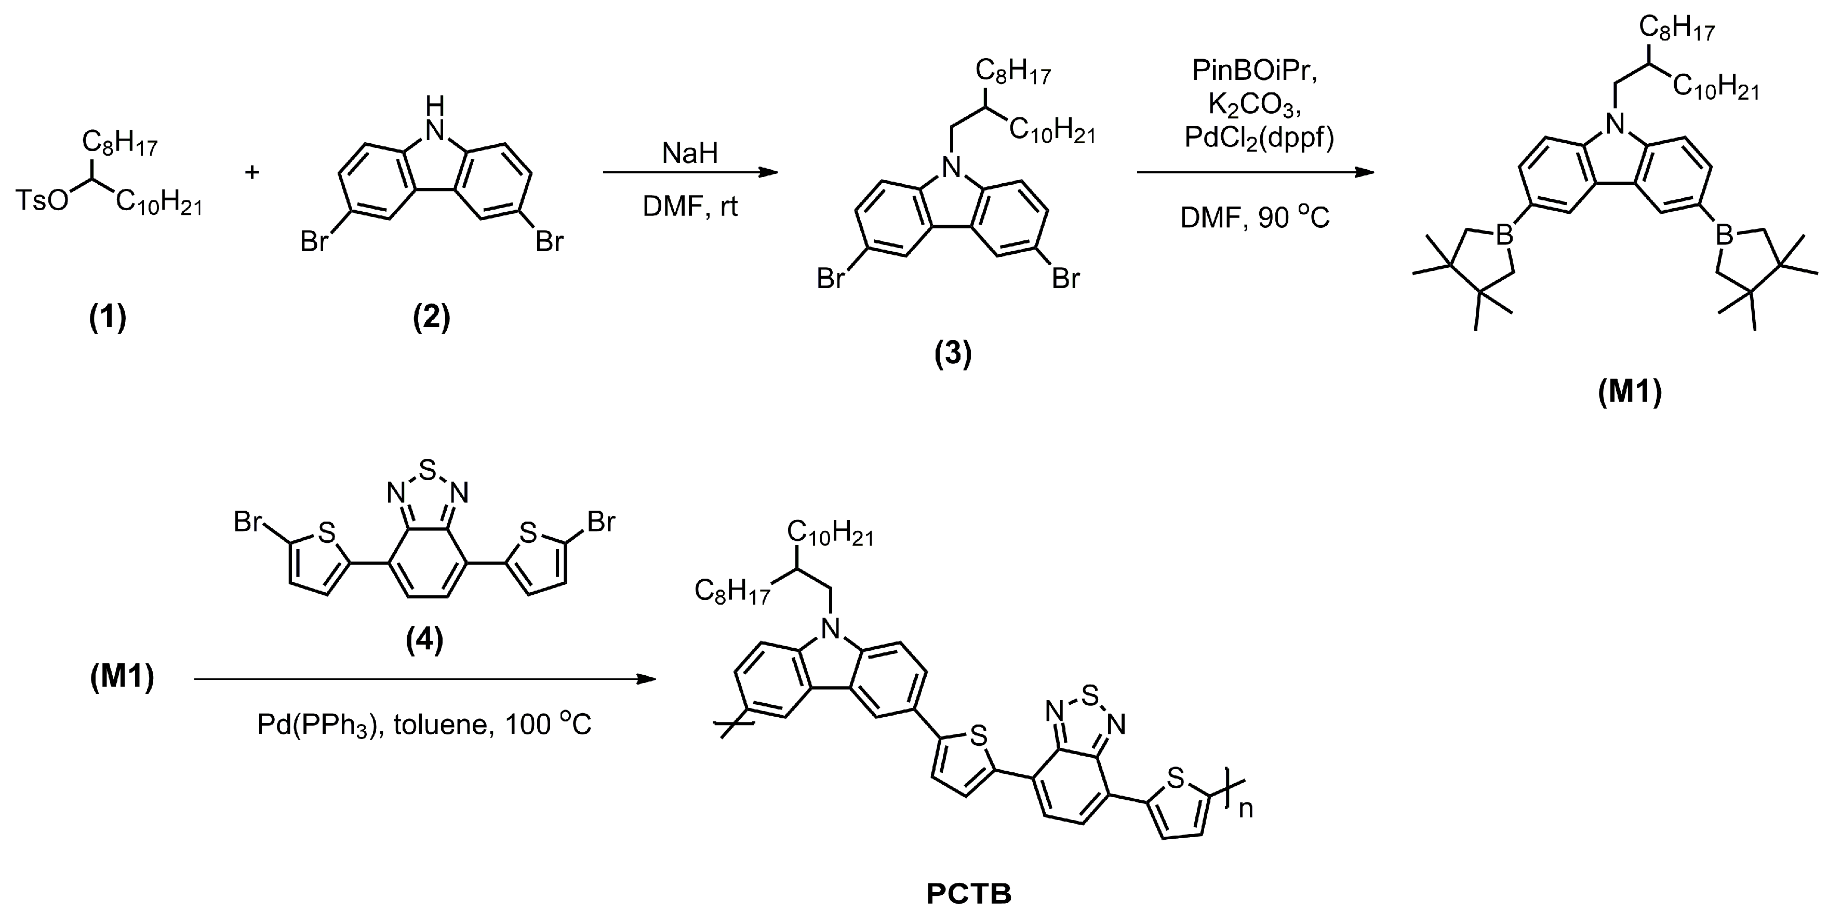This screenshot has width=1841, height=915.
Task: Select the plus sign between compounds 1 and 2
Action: pos(251,172)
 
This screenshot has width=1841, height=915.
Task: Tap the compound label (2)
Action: pos(432,317)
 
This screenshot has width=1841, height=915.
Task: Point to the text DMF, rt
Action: pos(690,207)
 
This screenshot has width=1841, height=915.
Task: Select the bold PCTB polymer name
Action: pos(968,894)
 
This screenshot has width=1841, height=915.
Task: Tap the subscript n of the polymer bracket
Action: pos(1246,809)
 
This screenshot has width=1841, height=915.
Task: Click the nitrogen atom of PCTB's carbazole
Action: pos(830,629)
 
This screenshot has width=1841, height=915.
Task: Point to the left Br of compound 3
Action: pos(831,279)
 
